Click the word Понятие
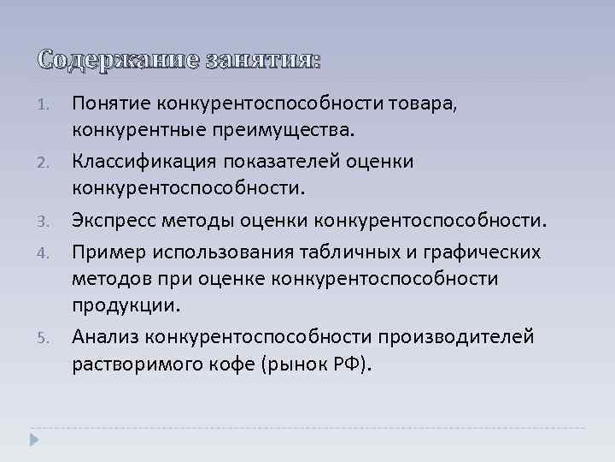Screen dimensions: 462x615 click(109, 104)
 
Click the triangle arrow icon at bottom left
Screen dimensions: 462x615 click(34, 441)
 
